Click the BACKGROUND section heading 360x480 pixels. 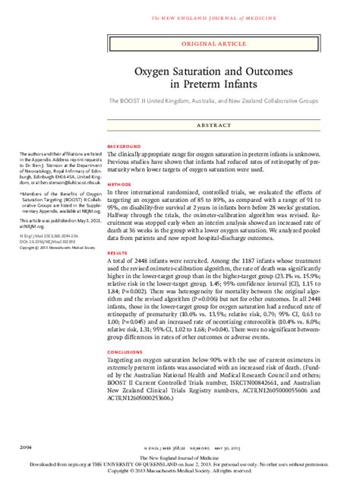tap(125, 145)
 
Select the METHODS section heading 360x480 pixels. tap(120, 184)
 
